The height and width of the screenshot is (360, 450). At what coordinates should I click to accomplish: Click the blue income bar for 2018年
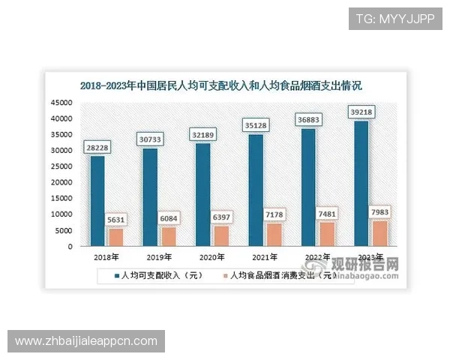coord(97,200)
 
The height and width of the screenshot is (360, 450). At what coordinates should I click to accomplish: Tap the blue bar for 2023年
coord(361,183)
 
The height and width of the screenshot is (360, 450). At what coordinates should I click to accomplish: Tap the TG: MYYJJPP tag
coord(395,18)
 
